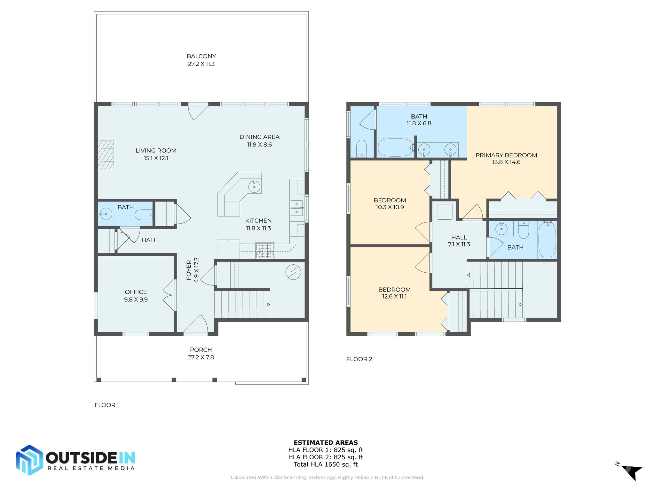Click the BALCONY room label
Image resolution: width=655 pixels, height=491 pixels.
coord(201,60)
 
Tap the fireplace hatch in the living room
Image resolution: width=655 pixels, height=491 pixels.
coord(106,155)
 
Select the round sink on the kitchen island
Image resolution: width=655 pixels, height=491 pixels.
coord(255,186)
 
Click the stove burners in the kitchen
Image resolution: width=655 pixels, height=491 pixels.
coord(265,251)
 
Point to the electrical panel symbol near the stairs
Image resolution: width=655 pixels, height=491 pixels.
coord(293,272)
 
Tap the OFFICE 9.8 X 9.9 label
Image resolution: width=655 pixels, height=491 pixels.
coord(136,296)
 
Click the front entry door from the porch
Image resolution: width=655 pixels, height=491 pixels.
coord(196,325)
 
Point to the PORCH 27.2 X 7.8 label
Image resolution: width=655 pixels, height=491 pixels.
coord(201,353)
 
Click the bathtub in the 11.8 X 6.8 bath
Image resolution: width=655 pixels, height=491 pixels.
coord(396,147)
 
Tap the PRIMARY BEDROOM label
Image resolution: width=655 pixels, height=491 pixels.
coord(506,159)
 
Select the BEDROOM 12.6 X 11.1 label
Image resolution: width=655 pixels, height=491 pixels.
coord(394,293)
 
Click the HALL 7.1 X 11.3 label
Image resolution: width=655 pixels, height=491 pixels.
coord(459,241)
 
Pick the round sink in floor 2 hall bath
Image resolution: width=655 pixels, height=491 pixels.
coord(501,229)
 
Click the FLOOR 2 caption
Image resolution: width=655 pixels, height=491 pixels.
coord(359,359)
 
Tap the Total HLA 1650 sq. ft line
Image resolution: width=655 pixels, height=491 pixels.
coord(326,464)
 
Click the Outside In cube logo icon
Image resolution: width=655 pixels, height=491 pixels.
coord(29,460)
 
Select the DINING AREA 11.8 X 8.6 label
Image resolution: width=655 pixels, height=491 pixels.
coord(259,141)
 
